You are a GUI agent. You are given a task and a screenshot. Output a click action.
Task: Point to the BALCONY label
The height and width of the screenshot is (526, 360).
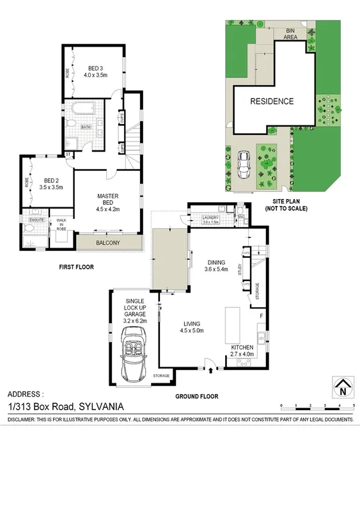[x=107, y=243]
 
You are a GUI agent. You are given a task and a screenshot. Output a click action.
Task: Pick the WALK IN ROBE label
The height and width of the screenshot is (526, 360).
[x=62, y=224]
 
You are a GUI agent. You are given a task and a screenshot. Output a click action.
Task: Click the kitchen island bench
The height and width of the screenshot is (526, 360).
[x=232, y=324]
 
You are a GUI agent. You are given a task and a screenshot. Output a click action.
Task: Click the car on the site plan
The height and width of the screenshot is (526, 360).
[x=244, y=165]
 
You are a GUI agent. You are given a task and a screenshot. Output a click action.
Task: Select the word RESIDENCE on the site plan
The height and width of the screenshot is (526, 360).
[x=271, y=101]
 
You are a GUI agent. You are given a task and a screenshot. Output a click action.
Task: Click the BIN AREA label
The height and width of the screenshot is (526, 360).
[x=291, y=34]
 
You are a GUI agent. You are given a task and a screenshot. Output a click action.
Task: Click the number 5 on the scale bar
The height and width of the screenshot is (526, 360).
[x=353, y=406]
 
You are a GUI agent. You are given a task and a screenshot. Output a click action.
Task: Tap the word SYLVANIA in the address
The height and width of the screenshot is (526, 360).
[x=100, y=406]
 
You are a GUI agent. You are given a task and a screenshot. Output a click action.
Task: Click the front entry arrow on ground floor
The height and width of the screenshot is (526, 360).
[x=211, y=369]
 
